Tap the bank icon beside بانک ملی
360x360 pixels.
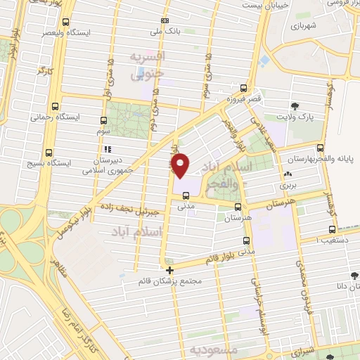(x=165, y=20)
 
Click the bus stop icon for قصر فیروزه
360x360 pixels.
(x=243, y=88)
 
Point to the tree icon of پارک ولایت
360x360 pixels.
(x=295, y=108)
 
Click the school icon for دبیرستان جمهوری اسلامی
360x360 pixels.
(x=107, y=149)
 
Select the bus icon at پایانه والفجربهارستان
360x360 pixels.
(x=320, y=148)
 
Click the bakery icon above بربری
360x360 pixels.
(x=286, y=175)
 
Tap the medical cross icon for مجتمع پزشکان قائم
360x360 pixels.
(x=169, y=269)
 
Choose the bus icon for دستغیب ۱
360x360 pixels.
(x=331, y=229)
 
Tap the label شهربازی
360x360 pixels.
(x=305, y=23)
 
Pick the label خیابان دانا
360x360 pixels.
(x=327, y=286)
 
